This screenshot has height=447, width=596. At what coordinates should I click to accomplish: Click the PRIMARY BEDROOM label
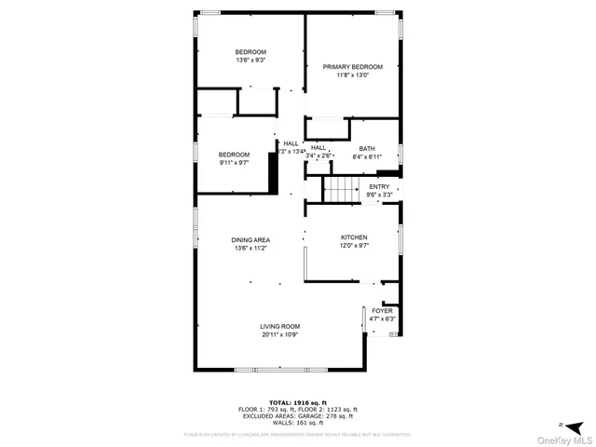pyautogui.click(x=353, y=67)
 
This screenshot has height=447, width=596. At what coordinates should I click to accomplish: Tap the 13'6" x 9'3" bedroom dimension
pyautogui.click(x=251, y=61)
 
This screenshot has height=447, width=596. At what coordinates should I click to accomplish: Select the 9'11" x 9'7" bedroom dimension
pyautogui.click(x=235, y=163)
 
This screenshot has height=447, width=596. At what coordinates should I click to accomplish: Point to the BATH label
pyautogui.click(x=367, y=149)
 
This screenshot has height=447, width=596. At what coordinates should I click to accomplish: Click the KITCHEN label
pyautogui.click(x=354, y=237)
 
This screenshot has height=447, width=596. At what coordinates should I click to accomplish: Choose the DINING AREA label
pyautogui.click(x=251, y=240)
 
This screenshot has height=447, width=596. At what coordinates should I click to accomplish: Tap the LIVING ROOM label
pyautogui.click(x=279, y=326)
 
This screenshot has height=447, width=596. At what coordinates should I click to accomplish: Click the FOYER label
pyautogui.click(x=383, y=311)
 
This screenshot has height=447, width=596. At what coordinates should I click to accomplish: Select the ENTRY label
pyautogui.click(x=379, y=187)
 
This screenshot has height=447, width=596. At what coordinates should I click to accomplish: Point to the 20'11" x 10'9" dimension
pyautogui.click(x=279, y=334)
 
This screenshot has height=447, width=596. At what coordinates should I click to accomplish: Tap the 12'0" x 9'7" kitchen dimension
pyautogui.click(x=354, y=247)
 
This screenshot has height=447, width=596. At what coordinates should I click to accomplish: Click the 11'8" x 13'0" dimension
pyautogui.click(x=353, y=76)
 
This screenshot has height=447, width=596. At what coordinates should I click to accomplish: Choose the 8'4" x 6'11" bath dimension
pyautogui.click(x=367, y=157)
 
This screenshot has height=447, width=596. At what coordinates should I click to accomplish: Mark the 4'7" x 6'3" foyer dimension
pyautogui.click(x=383, y=319)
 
